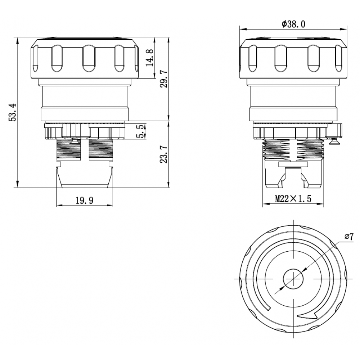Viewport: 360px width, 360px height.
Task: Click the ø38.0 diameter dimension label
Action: (293, 24)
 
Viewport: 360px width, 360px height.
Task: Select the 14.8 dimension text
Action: (150, 57)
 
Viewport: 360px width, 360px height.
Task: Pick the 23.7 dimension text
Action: (164, 154)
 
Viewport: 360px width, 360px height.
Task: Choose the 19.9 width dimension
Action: (85, 201)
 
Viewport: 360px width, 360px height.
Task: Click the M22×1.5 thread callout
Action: (293, 199)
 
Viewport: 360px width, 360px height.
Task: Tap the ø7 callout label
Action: (349, 237)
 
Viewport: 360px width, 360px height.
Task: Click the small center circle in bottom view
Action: (293, 279)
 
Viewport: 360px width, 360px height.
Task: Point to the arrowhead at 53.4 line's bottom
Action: (17, 184)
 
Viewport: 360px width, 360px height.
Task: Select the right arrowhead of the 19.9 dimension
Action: (110, 205)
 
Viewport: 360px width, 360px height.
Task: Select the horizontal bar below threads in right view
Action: (293, 165)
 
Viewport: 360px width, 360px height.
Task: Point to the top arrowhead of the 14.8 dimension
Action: (154, 40)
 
